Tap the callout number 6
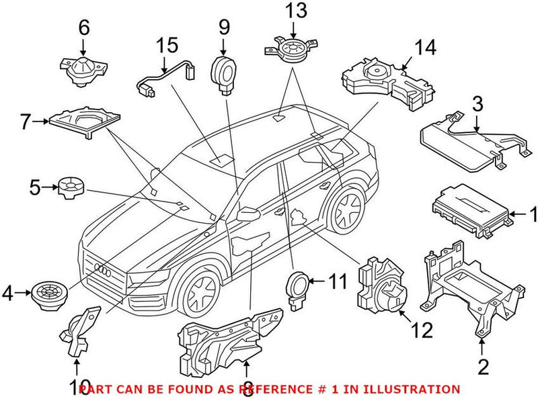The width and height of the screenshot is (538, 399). coord(83,28)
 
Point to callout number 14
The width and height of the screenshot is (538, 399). coord(425,48)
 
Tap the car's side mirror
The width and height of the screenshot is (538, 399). coord(247,213)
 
